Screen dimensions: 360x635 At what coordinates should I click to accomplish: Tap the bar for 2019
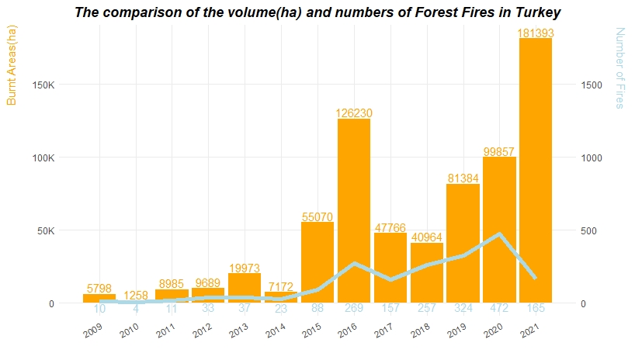tap(463, 233)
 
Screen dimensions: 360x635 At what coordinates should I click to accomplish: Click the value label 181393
tap(536, 33)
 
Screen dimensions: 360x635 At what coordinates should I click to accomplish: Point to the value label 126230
tap(354, 113)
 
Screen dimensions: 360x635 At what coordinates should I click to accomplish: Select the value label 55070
tap(317, 217)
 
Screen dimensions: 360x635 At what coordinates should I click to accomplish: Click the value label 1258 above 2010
tap(135, 295)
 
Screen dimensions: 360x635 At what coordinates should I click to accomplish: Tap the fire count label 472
tap(499, 309)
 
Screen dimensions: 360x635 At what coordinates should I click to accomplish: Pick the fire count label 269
tap(354, 309)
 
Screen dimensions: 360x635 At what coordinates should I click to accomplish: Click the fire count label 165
tap(536, 309)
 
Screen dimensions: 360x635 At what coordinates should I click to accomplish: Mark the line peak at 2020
tap(499, 234)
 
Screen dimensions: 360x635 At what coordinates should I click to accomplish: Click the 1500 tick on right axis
tap(593, 85)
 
